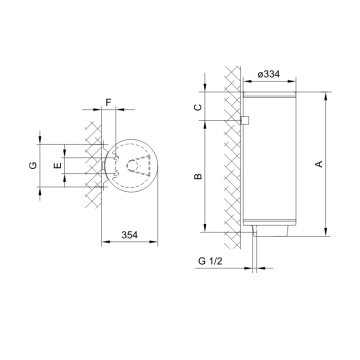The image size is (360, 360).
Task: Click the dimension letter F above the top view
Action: click(109, 103)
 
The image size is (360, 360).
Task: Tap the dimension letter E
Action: click(57, 162)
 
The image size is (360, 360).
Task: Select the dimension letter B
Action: click(198, 176)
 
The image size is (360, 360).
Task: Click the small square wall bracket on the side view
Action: click(244, 121)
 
